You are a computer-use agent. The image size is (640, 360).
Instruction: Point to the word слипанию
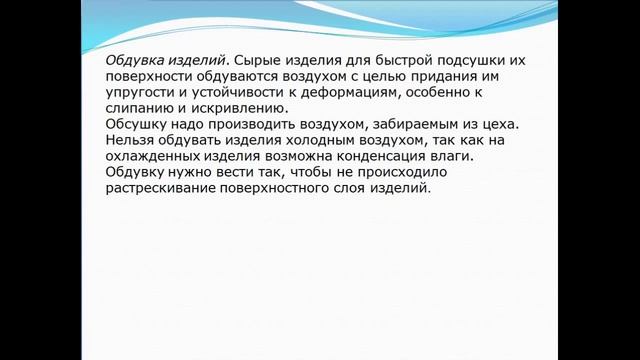coord(139,109)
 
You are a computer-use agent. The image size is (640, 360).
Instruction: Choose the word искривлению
coord(231,109)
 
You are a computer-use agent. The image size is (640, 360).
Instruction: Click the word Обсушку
coord(136,125)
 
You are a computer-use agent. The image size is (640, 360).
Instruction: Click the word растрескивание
coord(166,189)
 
